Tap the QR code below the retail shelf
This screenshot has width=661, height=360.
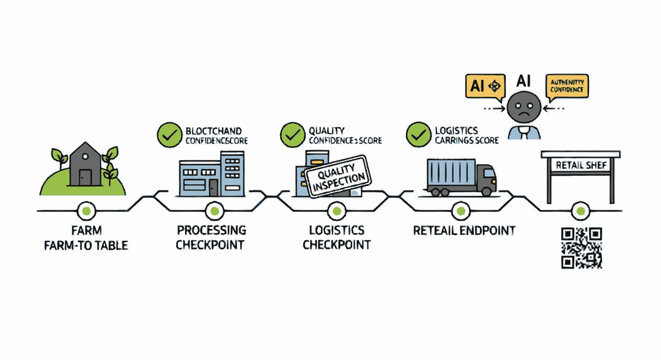[x=581, y=247]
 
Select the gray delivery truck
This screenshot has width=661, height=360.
[x=460, y=177]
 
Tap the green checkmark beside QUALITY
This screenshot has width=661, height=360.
[x=292, y=132]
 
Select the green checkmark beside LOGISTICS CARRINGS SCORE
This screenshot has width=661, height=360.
[x=417, y=132]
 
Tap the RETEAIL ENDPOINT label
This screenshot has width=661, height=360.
[x=462, y=232]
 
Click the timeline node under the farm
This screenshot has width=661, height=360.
[x=88, y=210]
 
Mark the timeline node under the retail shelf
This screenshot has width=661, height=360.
[x=581, y=210]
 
